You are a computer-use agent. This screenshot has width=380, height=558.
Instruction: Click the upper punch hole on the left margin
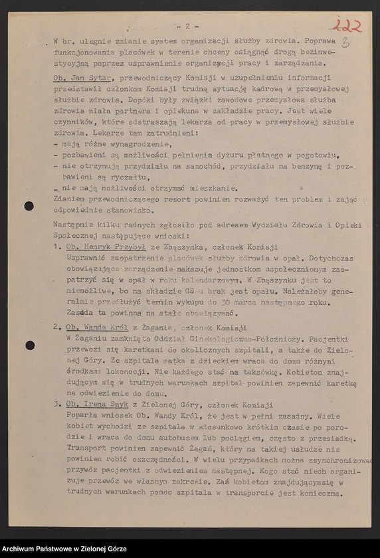[x=29, y=206]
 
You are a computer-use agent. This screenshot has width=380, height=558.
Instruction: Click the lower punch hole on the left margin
[x=30, y=345]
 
